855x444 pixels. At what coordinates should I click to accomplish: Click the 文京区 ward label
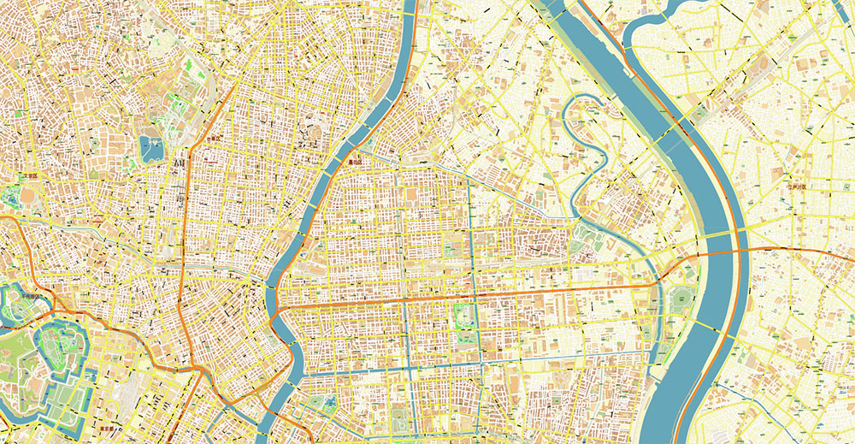click(x=32, y=177)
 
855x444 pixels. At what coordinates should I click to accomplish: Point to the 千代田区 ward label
click(x=32, y=296)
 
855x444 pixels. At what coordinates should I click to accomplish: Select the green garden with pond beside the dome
click(x=12, y=195)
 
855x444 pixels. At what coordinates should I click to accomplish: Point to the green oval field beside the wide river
click(x=682, y=299)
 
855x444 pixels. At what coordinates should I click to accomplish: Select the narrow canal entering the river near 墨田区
click(x=389, y=154)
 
